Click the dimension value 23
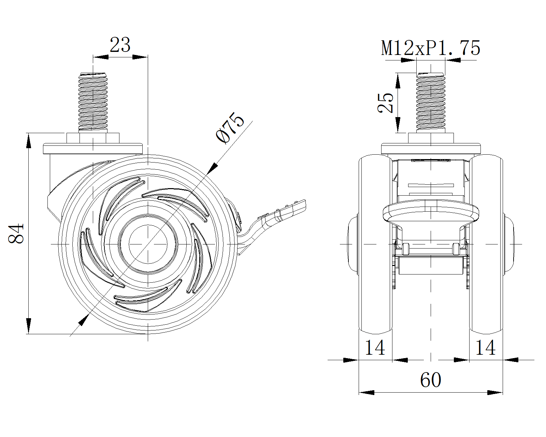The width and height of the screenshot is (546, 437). coord(120,45)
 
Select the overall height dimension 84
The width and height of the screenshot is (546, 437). coord(16,234)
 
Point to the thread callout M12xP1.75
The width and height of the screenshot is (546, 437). coord(431,48)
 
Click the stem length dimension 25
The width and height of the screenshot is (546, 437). coord(385,103)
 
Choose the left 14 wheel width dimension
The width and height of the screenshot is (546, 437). coord(375,348)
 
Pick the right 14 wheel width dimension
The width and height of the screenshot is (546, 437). coord(485,348)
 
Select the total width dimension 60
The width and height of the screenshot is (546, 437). coord(431,380)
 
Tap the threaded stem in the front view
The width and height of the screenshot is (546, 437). coord(431,102)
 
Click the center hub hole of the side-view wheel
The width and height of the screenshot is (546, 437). coord(148,244)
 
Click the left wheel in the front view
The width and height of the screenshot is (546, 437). coord(375,244)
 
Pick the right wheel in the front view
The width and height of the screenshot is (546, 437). coord(486,244)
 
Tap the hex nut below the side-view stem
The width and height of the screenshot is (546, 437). coord(93,138)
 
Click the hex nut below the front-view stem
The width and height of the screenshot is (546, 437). coord(431,138)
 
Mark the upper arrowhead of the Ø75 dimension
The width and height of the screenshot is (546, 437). coord(213,168)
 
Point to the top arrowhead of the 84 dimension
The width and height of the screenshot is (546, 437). coord(29,141)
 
